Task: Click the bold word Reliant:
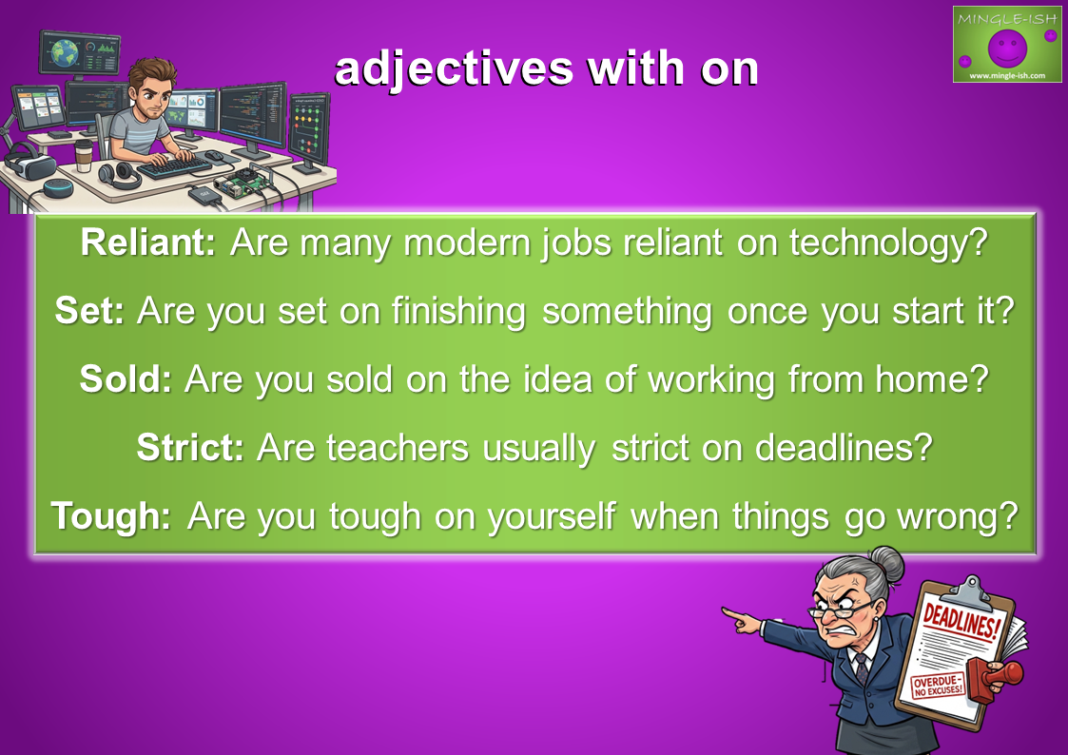147,242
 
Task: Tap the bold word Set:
89,310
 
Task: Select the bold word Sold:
126,378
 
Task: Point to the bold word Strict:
190,447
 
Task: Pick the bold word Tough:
111,516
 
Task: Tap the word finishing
458,312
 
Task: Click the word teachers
398,447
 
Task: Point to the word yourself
552,516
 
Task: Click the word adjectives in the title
454,69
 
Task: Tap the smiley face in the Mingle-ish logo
1007,48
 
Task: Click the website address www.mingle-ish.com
1007,75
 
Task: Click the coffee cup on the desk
84,156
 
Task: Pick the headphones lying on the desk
119,176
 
